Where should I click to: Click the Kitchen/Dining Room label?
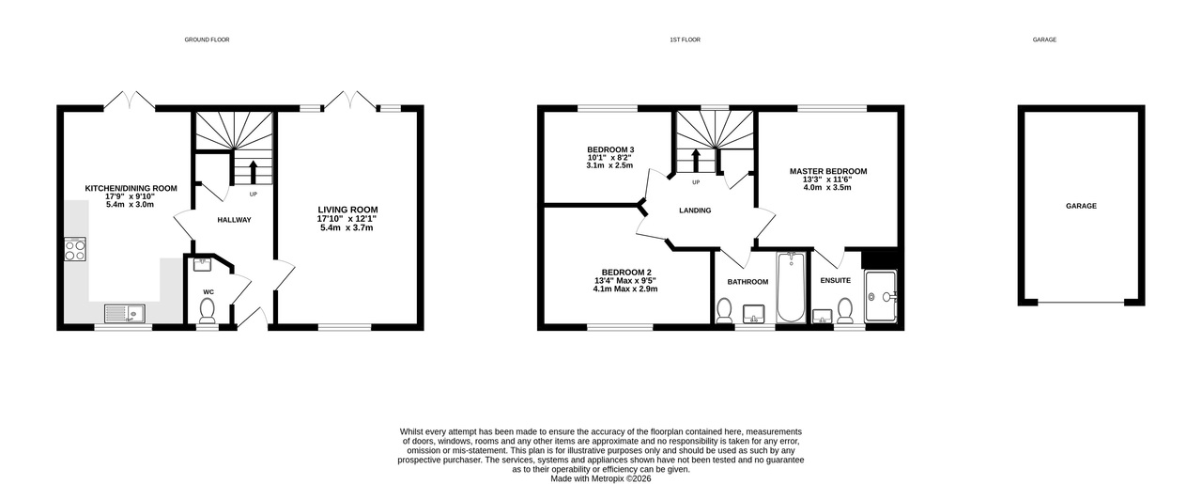[131, 189]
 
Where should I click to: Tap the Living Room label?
[347, 210]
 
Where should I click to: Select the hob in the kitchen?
[75, 250]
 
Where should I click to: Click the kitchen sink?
[125, 313]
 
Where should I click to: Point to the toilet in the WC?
[207, 310]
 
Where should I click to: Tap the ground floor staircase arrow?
[254, 172]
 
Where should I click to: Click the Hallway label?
[234, 220]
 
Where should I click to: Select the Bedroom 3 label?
[610, 149]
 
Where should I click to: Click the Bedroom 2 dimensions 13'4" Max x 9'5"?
[625, 280]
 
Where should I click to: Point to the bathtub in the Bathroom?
[791, 288]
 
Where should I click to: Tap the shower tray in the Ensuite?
[881, 297]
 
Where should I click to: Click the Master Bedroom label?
[828, 171]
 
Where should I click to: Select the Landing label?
[695, 211]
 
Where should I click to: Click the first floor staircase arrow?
[696, 161]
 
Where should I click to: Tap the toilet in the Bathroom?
[724, 311]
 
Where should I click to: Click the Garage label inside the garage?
[1081, 206]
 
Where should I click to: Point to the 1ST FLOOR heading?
[685, 39]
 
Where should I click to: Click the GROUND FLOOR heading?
[208, 39]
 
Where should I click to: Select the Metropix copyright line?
[601, 478]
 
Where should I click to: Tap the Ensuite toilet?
[845, 311]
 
